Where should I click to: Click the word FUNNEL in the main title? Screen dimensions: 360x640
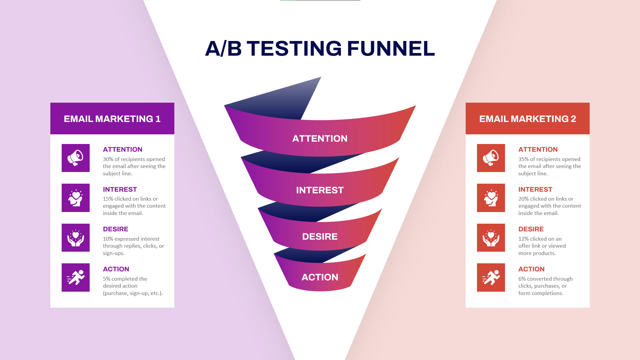pos(391,49)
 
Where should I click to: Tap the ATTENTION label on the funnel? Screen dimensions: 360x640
pos(320,139)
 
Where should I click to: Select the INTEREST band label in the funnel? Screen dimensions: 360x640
pos(320,190)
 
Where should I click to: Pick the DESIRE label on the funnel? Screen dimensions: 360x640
pos(320,237)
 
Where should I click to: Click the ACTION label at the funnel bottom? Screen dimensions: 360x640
pos(320,277)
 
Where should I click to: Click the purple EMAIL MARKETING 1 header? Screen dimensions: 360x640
pos(112,119)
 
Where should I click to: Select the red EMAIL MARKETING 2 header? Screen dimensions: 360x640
pos(527,119)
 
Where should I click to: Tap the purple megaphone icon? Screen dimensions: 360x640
pos(76,158)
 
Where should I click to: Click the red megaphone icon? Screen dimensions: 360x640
pos(491,158)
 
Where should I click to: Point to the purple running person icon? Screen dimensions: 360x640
pos(76,277)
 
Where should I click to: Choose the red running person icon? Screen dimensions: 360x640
pos(491,277)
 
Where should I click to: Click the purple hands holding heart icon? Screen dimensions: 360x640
pos(76,238)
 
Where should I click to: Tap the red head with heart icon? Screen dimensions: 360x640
pos(491,198)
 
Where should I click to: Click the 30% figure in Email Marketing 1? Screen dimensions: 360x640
pos(108,159)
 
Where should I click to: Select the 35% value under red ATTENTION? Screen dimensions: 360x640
pos(523,159)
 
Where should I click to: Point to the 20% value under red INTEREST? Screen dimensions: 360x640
pos(523,199)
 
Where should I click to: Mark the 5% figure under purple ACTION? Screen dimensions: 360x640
pos(106,279)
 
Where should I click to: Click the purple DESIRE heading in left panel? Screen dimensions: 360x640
pos(115,229)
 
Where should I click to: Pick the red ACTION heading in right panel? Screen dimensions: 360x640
pos(531,269)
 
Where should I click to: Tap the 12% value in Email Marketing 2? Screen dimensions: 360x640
pos(523,239)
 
